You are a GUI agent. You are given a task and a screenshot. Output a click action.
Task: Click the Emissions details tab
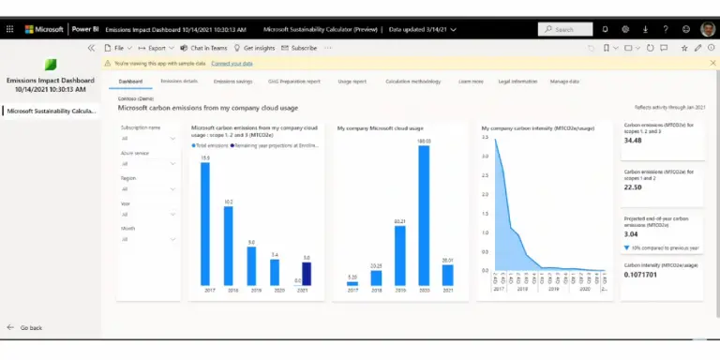coord(178,82)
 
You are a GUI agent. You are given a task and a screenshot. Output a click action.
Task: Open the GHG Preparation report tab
coord(293,82)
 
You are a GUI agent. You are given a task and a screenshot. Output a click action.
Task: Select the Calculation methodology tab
coord(412,82)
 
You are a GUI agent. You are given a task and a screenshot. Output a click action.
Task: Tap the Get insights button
coord(256,47)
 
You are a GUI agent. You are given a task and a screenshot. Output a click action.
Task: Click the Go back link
coord(30,328)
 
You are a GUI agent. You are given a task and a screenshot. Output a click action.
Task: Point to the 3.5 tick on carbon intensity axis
coord(485,138)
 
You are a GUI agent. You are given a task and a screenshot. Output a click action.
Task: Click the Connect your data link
coord(232,63)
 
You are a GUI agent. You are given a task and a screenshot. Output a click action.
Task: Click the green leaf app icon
coord(51,65)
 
